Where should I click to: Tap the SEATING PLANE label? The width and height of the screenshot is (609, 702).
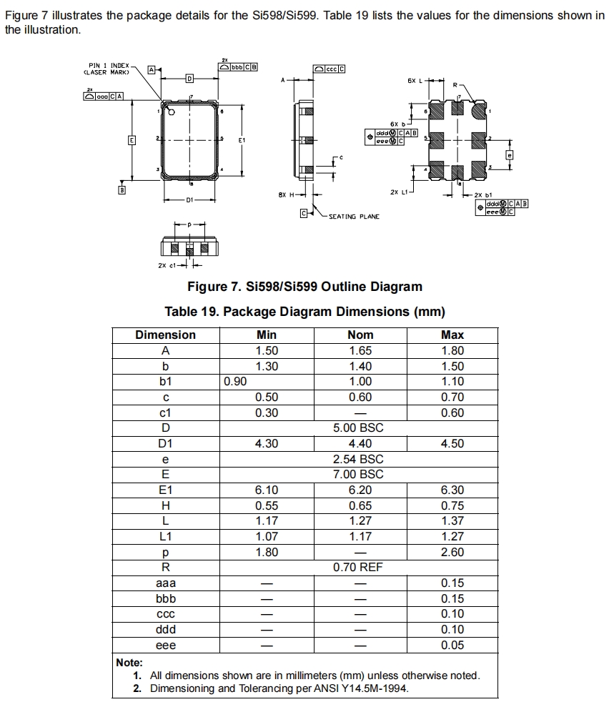click(x=354, y=216)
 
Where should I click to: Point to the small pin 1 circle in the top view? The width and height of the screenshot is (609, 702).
click(x=171, y=112)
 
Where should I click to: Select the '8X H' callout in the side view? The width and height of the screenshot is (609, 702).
click(x=286, y=194)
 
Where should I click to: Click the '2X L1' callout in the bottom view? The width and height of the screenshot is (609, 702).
click(x=399, y=192)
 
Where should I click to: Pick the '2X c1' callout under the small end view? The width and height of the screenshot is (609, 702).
click(x=167, y=266)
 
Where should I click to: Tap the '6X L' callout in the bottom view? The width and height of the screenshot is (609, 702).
click(x=415, y=81)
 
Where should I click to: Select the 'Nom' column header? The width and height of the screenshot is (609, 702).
click(x=360, y=335)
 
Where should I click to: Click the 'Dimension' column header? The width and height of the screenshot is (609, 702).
click(x=165, y=335)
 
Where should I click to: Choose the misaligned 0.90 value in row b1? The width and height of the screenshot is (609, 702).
click(x=235, y=382)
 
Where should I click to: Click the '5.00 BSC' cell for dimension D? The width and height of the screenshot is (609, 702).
click(x=358, y=427)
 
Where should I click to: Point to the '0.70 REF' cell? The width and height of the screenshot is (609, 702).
click(x=358, y=567)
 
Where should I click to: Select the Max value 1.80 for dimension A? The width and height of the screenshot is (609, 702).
click(x=452, y=350)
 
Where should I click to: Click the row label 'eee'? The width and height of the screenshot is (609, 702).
click(x=165, y=645)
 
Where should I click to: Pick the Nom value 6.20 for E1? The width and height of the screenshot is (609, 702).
click(x=360, y=490)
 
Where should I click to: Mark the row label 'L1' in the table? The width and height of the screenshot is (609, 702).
click(x=165, y=536)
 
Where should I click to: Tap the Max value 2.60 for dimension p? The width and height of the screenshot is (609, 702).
click(x=452, y=552)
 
